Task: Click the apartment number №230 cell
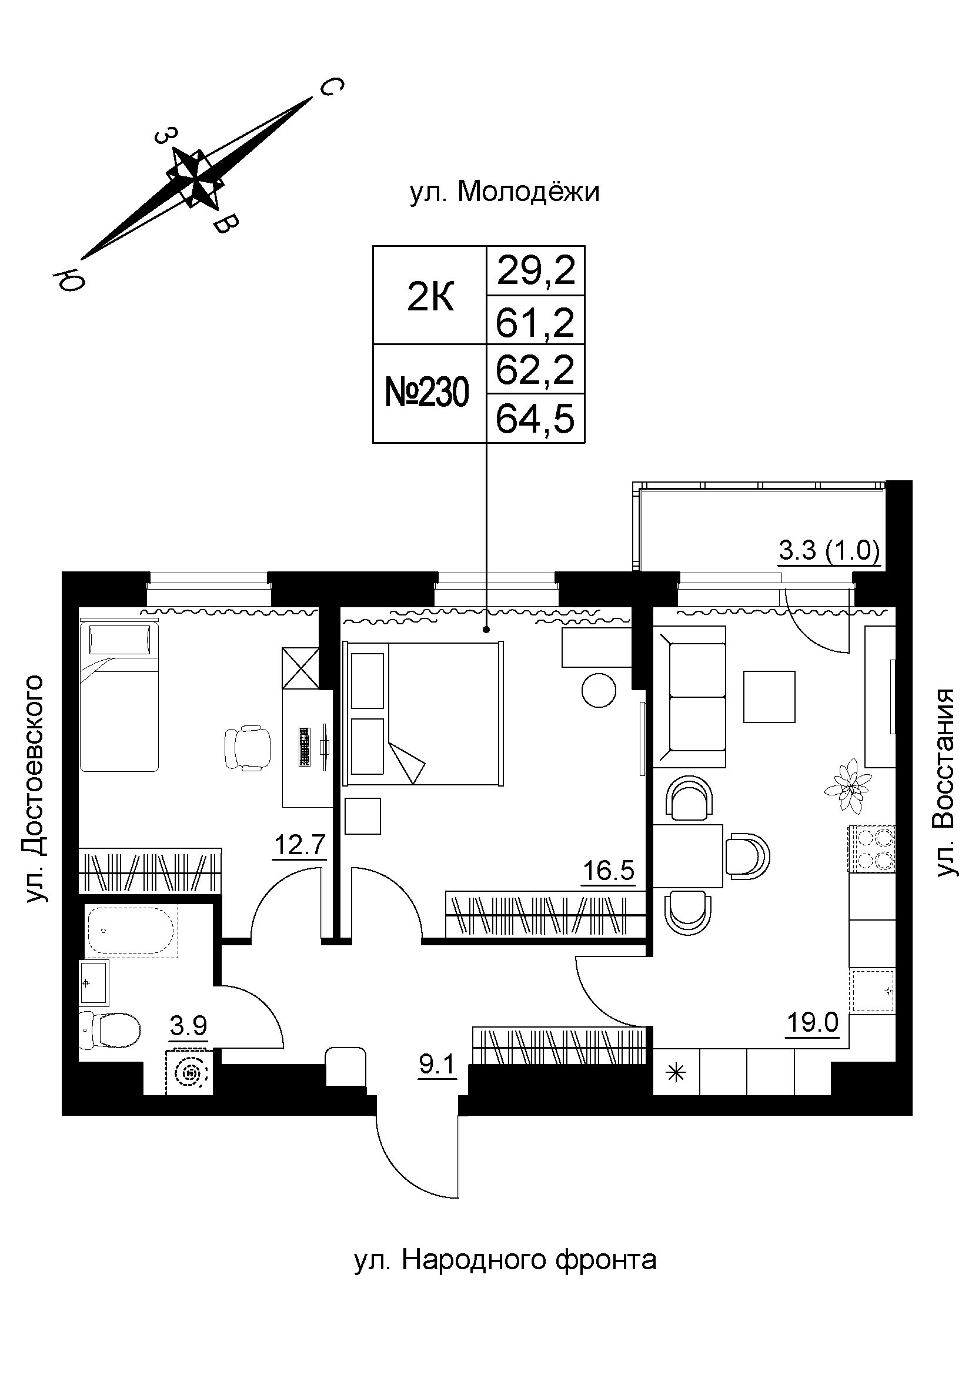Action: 428,393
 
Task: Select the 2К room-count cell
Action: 429,297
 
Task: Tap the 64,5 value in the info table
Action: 535,419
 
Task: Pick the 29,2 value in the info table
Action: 535,270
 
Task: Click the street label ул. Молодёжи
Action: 505,193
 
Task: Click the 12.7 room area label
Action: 299,846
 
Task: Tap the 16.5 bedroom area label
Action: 608,871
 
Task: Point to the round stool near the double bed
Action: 598,691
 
